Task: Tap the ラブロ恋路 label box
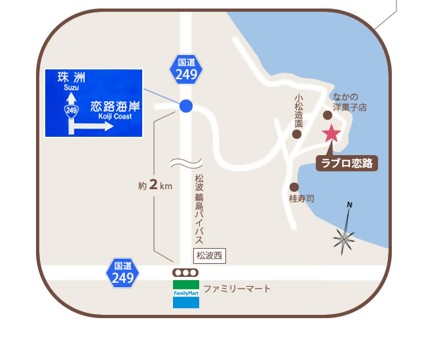[x=348, y=164]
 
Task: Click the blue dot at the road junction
[x=186, y=105]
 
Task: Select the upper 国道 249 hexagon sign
[x=187, y=69]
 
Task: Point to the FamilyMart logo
[x=186, y=294]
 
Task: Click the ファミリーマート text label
[x=237, y=289]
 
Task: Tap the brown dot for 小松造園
[x=297, y=134]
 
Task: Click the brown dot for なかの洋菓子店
[x=328, y=115]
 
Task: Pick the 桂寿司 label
[x=301, y=198]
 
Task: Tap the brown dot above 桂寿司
[x=294, y=187]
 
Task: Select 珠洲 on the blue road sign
[x=71, y=78]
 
